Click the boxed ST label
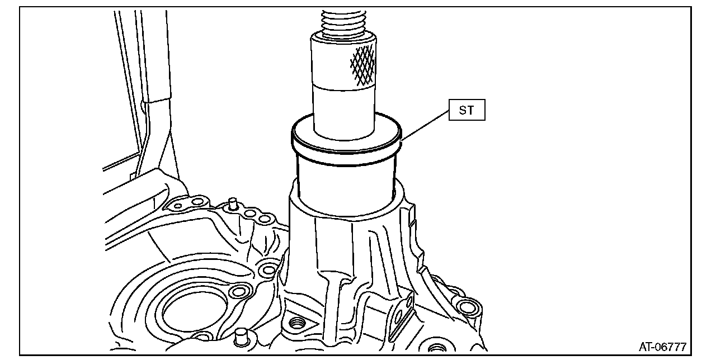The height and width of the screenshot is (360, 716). tap(467, 110)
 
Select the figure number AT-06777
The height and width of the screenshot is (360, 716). tap(663, 347)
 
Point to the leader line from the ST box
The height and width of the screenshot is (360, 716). tap(425, 125)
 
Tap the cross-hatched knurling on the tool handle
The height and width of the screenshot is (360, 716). tap(363, 66)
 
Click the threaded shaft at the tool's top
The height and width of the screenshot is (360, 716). tap(343, 21)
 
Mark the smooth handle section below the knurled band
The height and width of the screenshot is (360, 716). tap(343, 112)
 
